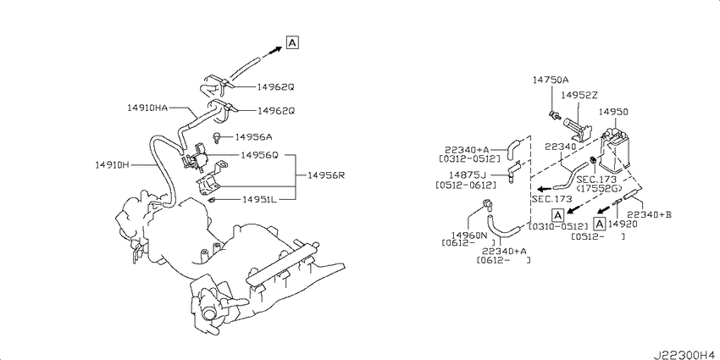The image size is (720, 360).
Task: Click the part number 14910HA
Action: coord(147,108)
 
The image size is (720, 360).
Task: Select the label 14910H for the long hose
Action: coord(113,165)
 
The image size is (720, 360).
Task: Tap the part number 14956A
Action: coord(254,137)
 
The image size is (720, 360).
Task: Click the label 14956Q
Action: coord(259,155)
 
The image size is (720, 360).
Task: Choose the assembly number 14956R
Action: coord(326,175)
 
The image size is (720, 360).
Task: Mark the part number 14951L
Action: coord(259,200)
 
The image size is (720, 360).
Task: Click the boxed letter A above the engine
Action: coord(292,42)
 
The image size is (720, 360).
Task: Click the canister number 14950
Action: coord(614,112)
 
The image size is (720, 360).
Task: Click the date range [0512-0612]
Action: coord(466,185)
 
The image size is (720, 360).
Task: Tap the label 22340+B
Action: coord(650,214)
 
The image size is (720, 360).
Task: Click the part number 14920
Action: coord(623,224)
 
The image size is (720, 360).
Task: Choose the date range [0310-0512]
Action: coord(558,226)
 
